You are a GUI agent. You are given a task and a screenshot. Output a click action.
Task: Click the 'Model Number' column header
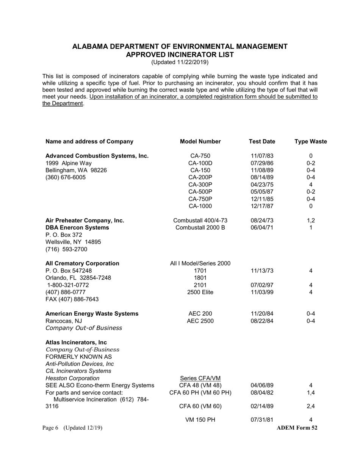click(x=200, y=142)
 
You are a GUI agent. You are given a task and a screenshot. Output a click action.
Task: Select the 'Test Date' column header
click(x=262, y=142)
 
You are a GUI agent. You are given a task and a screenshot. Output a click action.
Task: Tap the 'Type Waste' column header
click(x=311, y=142)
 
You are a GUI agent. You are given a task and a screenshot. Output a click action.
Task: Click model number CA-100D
click(x=200, y=163)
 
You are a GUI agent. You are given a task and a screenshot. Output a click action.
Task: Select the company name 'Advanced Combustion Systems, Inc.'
click(x=97, y=156)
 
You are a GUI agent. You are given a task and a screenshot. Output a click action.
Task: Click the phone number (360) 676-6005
click(x=66, y=178)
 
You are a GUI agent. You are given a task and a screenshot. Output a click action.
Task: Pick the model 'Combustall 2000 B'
click(x=200, y=228)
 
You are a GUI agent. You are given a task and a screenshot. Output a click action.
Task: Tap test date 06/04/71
click(x=262, y=228)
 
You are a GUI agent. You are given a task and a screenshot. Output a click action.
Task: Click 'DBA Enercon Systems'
click(x=77, y=228)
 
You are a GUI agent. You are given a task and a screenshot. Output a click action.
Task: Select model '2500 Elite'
click(x=200, y=292)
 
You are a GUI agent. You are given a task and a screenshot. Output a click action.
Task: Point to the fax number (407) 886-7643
click(x=72, y=299)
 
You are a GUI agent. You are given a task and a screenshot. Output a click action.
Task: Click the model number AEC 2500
click(x=200, y=321)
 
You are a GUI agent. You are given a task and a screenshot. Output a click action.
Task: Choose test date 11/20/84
click(x=262, y=314)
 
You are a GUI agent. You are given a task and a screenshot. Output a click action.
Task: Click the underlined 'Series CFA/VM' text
click(x=200, y=378)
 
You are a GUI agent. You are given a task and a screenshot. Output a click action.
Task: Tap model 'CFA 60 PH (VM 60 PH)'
click(x=200, y=393)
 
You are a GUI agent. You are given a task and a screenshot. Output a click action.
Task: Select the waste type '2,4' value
click(x=311, y=407)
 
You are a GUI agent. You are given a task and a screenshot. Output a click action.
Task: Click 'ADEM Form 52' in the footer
click(x=297, y=428)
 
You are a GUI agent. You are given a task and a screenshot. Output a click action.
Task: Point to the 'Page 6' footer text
click(x=50, y=428)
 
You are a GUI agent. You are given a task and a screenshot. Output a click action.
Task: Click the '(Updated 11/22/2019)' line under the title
click(x=180, y=62)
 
